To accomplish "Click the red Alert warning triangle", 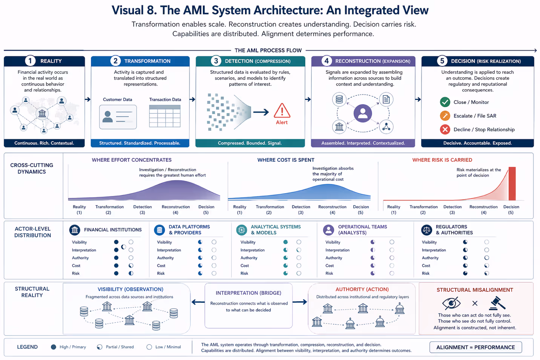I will coord(282,111).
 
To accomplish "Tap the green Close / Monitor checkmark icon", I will coord(445,102).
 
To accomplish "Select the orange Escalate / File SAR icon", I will coord(445,116).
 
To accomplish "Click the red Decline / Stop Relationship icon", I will coord(445,129).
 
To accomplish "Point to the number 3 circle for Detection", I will coord(216,61).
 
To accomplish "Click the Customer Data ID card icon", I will coord(118,117).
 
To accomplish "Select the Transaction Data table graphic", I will coord(165,116).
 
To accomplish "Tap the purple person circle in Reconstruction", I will coord(363,113).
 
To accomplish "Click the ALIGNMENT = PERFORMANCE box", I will coord(476,347).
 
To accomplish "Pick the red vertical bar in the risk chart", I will coord(512,184).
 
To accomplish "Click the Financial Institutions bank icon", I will coord(75,230).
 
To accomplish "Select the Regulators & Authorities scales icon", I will coord(426,230).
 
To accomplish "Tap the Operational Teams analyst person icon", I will coord(328,230).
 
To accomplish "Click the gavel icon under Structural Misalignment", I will coord(497,303).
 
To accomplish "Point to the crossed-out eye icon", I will coord(451,303).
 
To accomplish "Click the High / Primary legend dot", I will coord(54,347).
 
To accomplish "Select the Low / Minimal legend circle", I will coord(149,347).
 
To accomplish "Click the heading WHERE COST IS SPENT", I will coord(285,160).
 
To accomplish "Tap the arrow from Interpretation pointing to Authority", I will coord(300,302).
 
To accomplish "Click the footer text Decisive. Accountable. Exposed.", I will coord(477,143).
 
